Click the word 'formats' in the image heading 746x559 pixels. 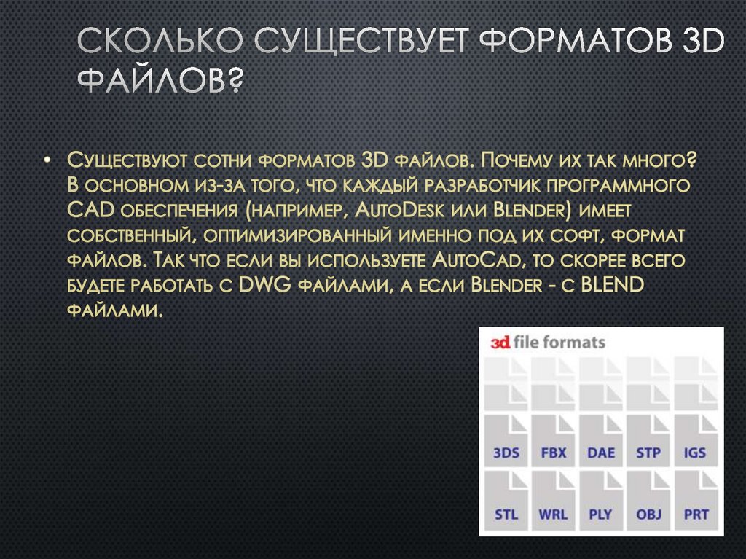point(576,343)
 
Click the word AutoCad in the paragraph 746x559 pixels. point(476,262)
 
